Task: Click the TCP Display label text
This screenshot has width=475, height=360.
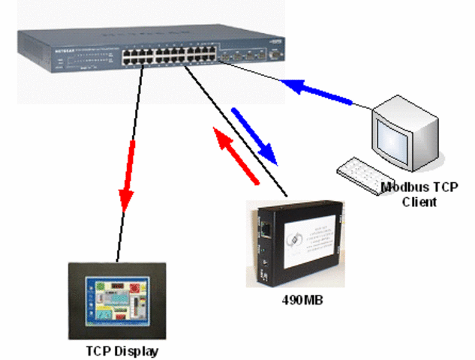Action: click(x=122, y=350)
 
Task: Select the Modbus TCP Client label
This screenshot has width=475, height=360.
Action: click(x=419, y=194)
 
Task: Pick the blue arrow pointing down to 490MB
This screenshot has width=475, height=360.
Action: click(x=254, y=136)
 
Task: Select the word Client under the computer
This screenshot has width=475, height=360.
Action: click(x=419, y=202)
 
